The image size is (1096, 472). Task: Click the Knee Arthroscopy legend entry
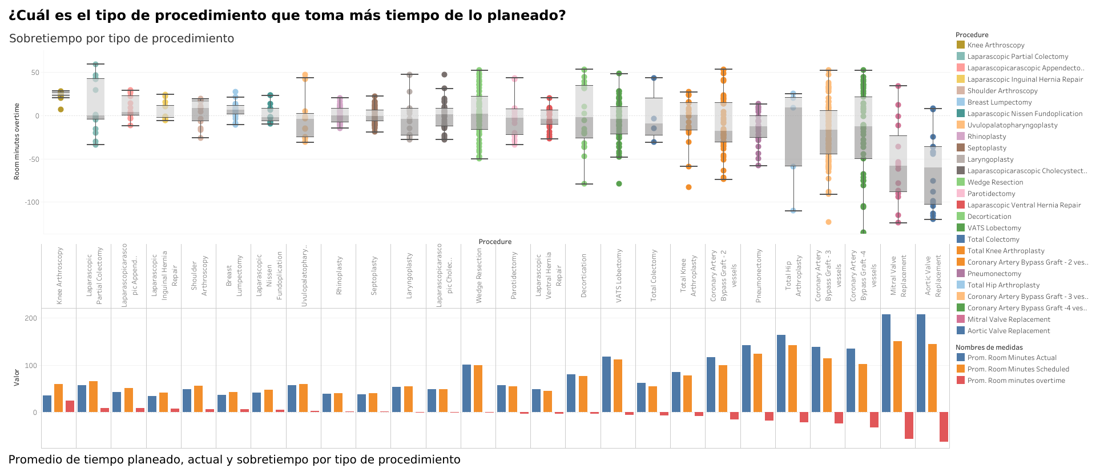(996, 45)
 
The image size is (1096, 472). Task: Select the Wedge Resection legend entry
(995, 182)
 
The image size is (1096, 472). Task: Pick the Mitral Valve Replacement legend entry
(1008, 319)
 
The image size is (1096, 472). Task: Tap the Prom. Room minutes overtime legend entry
(1016, 381)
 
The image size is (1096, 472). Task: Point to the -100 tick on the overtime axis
(31, 202)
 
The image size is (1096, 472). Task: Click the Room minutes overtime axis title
(17, 141)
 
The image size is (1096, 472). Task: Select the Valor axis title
(17, 378)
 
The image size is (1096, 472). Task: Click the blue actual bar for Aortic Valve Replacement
(921, 363)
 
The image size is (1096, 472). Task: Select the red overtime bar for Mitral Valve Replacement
(909, 425)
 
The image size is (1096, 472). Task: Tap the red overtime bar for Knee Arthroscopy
(70, 406)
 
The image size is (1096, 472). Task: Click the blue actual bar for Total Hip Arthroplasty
(781, 374)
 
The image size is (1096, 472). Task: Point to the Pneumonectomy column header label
(759, 275)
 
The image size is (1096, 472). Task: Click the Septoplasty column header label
(374, 275)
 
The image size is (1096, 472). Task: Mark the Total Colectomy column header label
(654, 275)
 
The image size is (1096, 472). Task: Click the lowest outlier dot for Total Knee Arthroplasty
(688, 187)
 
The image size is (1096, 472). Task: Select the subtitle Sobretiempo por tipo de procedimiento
(122, 38)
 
